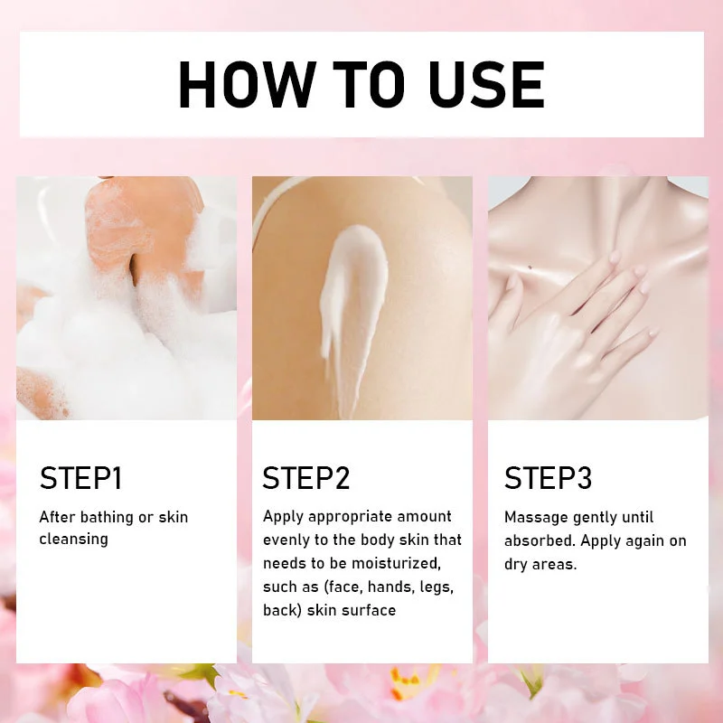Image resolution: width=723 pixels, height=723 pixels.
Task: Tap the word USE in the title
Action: click(x=487, y=85)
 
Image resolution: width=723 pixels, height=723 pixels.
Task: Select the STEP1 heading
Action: click(x=81, y=478)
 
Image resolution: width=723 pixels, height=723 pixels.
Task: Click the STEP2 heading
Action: click(x=306, y=478)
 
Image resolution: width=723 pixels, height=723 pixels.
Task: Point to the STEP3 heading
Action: click(x=548, y=478)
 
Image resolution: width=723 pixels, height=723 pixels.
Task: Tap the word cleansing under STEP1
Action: click(x=74, y=540)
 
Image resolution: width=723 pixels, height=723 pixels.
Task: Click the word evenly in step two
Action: click(x=286, y=540)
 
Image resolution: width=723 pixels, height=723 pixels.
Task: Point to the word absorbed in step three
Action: click(x=540, y=540)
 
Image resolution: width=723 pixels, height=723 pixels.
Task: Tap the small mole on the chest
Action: click(x=531, y=268)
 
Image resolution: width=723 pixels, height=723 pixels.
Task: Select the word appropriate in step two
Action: click(x=350, y=517)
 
